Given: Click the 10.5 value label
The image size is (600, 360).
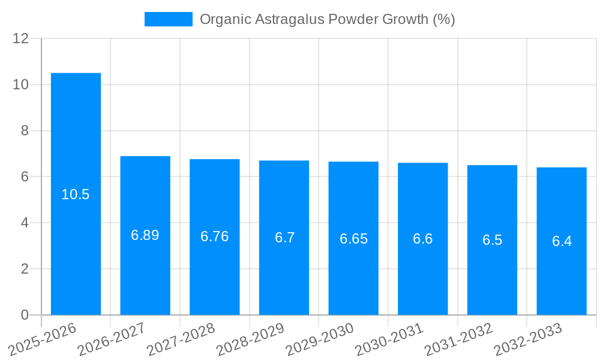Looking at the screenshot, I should pyautogui.click(x=76, y=194).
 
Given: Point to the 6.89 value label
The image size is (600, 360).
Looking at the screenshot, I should pyautogui.click(x=145, y=235).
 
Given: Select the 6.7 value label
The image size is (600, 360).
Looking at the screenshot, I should pyautogui.click(x=284, y=238).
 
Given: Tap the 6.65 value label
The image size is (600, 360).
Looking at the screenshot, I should pyautogui.click(x=353, y=239).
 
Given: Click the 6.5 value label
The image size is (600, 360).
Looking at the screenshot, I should pyautogui.click(x=492, y=240).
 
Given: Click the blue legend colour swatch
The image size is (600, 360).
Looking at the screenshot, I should pyautogui.click(x=168, y=19).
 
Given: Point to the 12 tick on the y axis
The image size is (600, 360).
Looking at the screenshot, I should pyautogui.click(x=21, y=38).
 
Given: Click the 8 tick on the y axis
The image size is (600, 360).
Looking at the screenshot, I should pyautogui.click(x=25, y=131).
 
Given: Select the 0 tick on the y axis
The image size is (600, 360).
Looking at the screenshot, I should pyautogui.click(x=25, y=315).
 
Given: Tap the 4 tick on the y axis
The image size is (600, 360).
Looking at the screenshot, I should pyautogui.click(x=25, y=223).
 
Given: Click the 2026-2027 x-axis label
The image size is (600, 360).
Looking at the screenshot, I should pyautogui.click(x=112, y=339).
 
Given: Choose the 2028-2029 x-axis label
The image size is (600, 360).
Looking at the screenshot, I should pyautogui.click(x=250, y=339).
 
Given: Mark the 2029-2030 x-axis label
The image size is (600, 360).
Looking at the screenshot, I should pyautogui.click(x=320, y=339).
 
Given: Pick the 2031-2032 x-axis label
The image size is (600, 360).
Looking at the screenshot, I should pyautogui.click(x=458, y=339).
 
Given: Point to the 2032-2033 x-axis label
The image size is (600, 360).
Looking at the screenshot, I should pyautogui.click(x=528, y=339).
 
